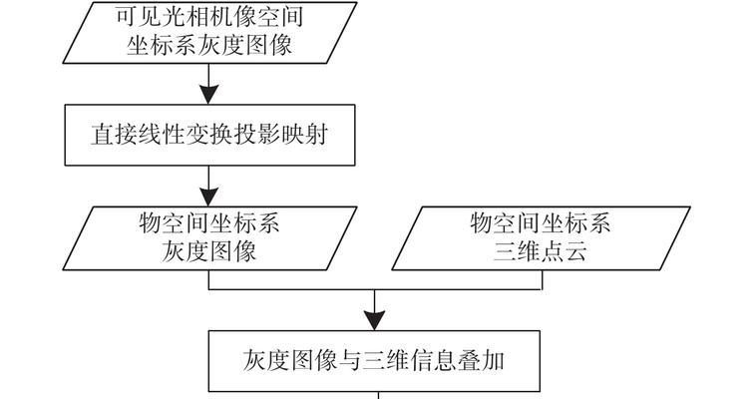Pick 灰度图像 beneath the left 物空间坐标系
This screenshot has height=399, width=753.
pos(209,251)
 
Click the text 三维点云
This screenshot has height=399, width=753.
pos(540,251)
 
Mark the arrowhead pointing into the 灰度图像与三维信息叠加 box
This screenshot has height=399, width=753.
pos(375,319)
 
